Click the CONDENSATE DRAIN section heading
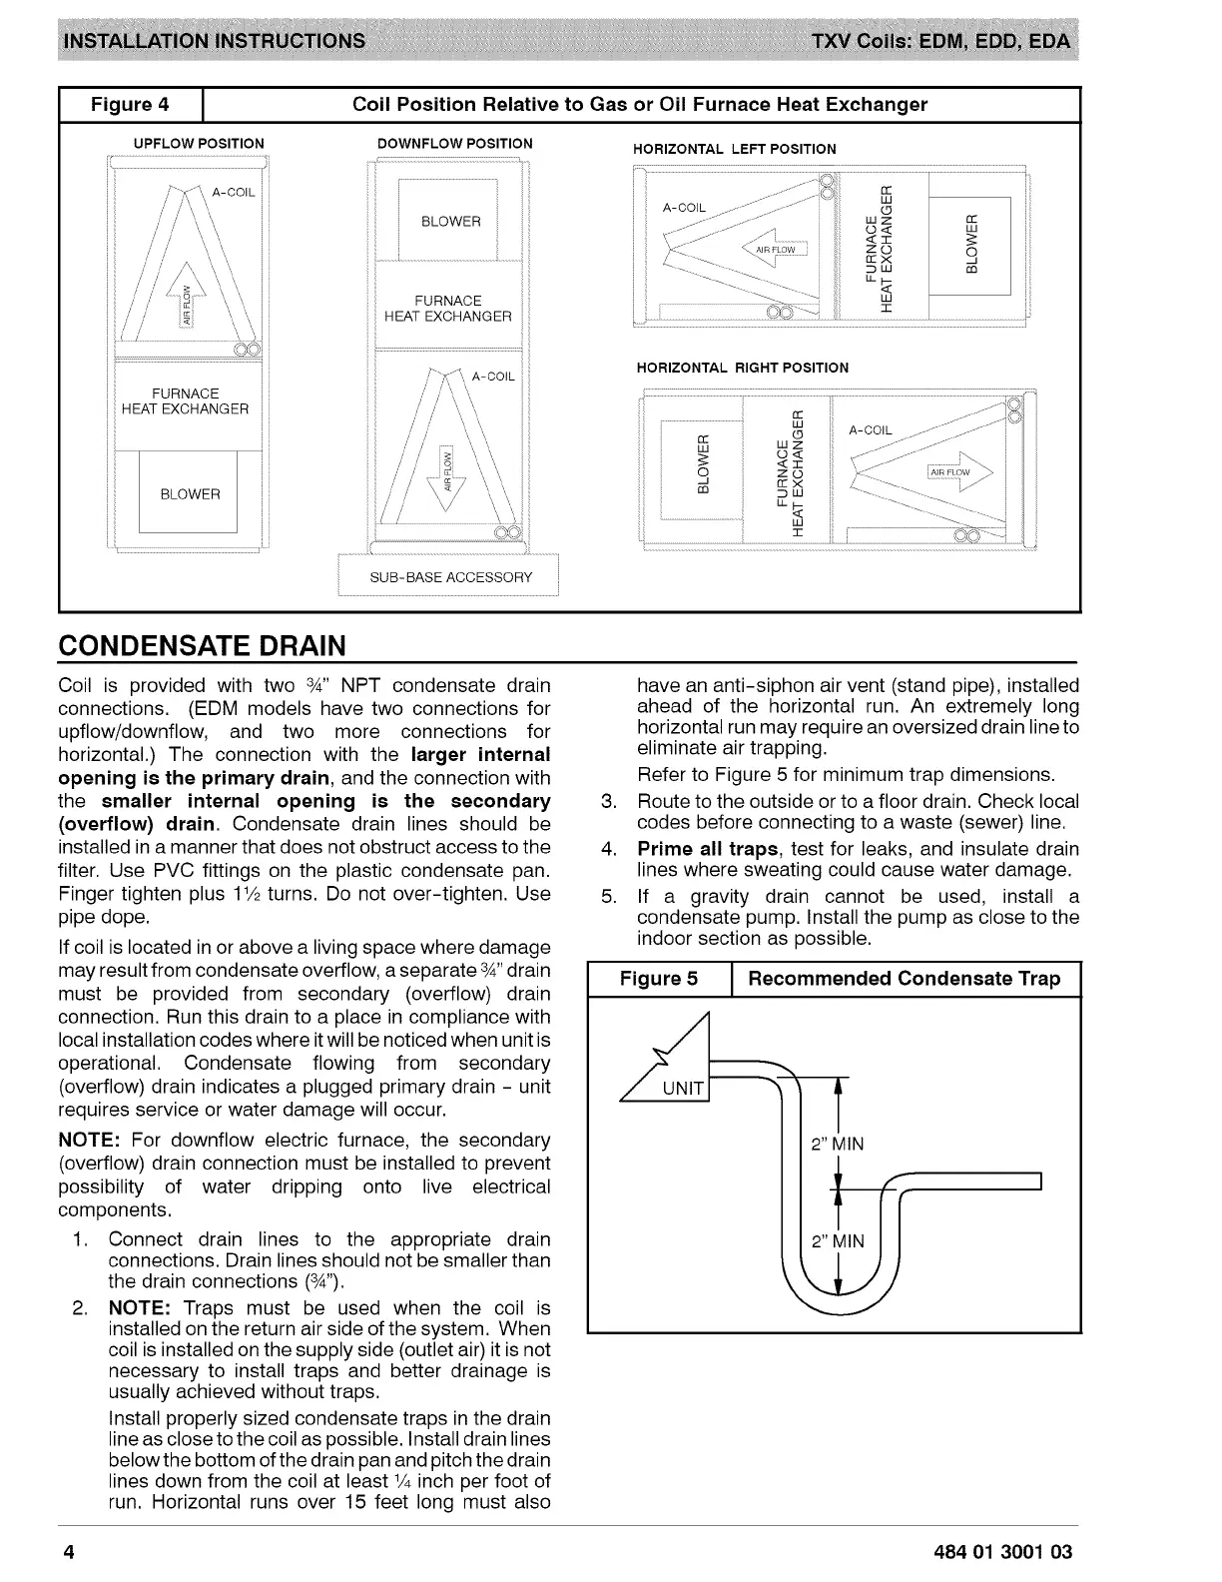pos(203,645)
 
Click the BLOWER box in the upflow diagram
pos(190,494)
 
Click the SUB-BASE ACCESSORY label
pos(450,577)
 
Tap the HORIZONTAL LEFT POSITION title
pos(735,149)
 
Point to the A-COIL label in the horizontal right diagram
pos(870,430)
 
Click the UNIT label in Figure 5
pos(683,1089)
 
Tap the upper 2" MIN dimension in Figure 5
pos(838,1144)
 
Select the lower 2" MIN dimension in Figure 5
pos(838,1241)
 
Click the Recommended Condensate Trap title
pos(905,979)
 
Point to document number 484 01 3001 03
pos(1001,1552)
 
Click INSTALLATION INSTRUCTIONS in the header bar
pos(215,41)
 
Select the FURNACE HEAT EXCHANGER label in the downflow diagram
pos(448,309)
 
